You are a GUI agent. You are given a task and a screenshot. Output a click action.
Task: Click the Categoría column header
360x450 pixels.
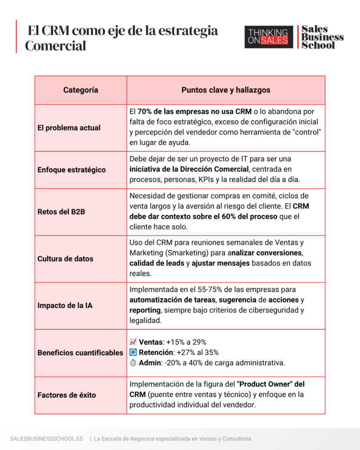(80, 90)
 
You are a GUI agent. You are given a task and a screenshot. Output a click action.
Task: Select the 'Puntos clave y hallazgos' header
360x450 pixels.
(225, 90)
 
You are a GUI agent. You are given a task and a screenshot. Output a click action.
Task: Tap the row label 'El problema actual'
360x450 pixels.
(69, 128)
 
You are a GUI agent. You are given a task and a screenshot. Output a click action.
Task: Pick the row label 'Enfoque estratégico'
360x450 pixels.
(72, 170)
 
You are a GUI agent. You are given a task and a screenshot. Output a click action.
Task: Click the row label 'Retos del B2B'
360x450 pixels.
(62, 212)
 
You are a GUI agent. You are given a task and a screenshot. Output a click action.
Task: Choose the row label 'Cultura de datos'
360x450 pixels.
(65, 259)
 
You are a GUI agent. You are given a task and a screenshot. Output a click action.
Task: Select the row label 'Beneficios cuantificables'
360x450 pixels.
(80, 352)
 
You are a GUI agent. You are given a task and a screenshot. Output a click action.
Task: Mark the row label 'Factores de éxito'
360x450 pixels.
(67, 395)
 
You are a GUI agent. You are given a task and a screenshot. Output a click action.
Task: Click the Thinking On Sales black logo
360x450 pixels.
(269, 36)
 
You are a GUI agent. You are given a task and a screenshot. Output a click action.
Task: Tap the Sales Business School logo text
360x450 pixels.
(322, 37)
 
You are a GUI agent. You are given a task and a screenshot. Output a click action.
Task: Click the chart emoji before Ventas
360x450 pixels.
(133, 342)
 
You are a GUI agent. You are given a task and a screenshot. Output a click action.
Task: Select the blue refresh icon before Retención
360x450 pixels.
(133, 352)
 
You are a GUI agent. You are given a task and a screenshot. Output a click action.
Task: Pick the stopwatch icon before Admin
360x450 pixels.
(133, 363)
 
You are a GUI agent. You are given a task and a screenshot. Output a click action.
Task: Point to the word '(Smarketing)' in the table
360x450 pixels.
(184, 253)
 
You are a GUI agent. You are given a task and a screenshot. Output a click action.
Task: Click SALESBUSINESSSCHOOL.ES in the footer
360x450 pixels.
(47, 439)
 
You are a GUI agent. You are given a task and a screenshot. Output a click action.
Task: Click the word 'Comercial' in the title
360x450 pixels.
(55, 46)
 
